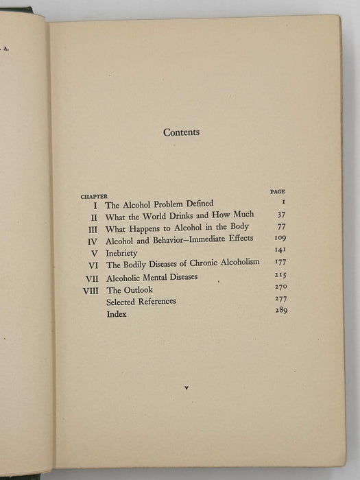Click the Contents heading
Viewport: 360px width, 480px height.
[x=181, y=132]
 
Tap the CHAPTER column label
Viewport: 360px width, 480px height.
[x=94, y=196]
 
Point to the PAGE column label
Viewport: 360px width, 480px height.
[x=278, y=191]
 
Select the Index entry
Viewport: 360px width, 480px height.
[x=117, y=314]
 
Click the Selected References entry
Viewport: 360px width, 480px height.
[x=141, y=302]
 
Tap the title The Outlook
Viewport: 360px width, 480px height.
[x=129, y=289]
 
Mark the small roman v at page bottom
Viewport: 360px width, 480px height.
[x=186, y=388]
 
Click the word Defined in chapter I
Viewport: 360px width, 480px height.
[x=199, y=204]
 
